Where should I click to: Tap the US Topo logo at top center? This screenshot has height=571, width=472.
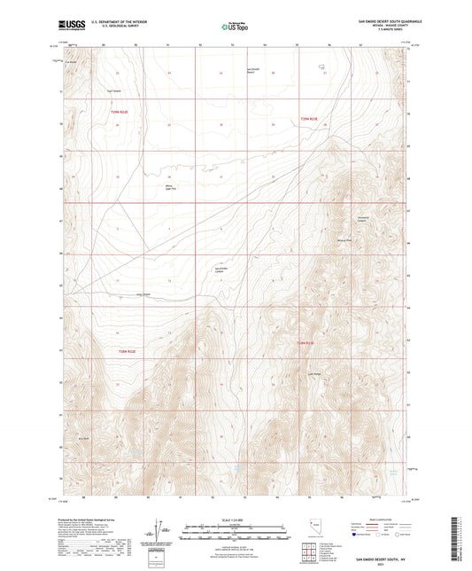234,27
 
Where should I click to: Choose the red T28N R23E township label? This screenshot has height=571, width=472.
305,342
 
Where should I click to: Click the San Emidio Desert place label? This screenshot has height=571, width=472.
251,71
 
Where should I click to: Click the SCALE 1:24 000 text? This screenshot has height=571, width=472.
236,519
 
